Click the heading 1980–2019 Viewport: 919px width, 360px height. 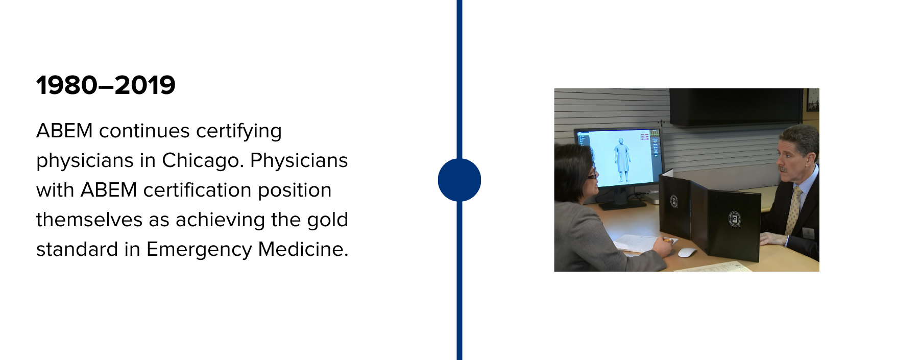click(106, 85)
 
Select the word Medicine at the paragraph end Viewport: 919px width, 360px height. click(303, 249)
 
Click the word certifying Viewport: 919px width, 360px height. click(239, 131)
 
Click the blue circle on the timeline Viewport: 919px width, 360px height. click(459, 180)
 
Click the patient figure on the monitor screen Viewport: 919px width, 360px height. click(622, 159)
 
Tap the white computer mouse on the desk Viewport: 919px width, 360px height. click(687, 252)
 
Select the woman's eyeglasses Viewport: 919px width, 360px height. click(592, 175)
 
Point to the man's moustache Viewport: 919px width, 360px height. click(782, 167)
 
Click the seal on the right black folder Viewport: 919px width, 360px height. click(734, 219)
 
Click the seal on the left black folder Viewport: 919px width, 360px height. click(674, 201)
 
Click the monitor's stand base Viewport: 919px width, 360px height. click(622, 204)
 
